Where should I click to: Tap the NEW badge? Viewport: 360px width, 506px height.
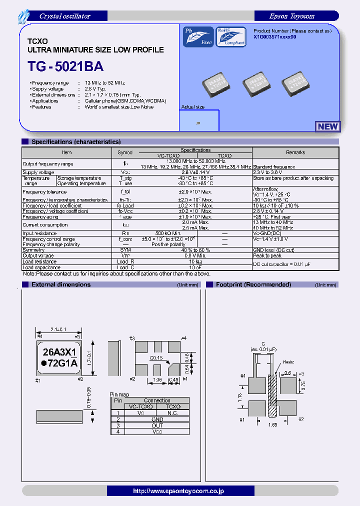(328, 126)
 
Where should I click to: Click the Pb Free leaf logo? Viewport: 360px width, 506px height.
(198, 37)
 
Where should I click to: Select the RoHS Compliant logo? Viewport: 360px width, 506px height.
(230, 37)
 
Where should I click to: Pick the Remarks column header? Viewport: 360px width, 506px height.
(295, 152)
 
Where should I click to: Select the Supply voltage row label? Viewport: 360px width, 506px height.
(38, 172)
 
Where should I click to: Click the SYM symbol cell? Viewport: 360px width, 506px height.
(125, 250)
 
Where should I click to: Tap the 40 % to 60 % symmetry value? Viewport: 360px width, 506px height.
(195, 250)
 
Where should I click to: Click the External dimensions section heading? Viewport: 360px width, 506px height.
(61, 284)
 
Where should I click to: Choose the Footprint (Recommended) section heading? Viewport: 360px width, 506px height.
(253, 284)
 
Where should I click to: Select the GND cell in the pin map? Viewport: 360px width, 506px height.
(157, 419)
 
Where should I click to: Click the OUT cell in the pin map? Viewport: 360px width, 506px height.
(157, 425)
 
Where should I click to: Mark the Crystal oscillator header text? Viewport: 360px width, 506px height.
(64, 16)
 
